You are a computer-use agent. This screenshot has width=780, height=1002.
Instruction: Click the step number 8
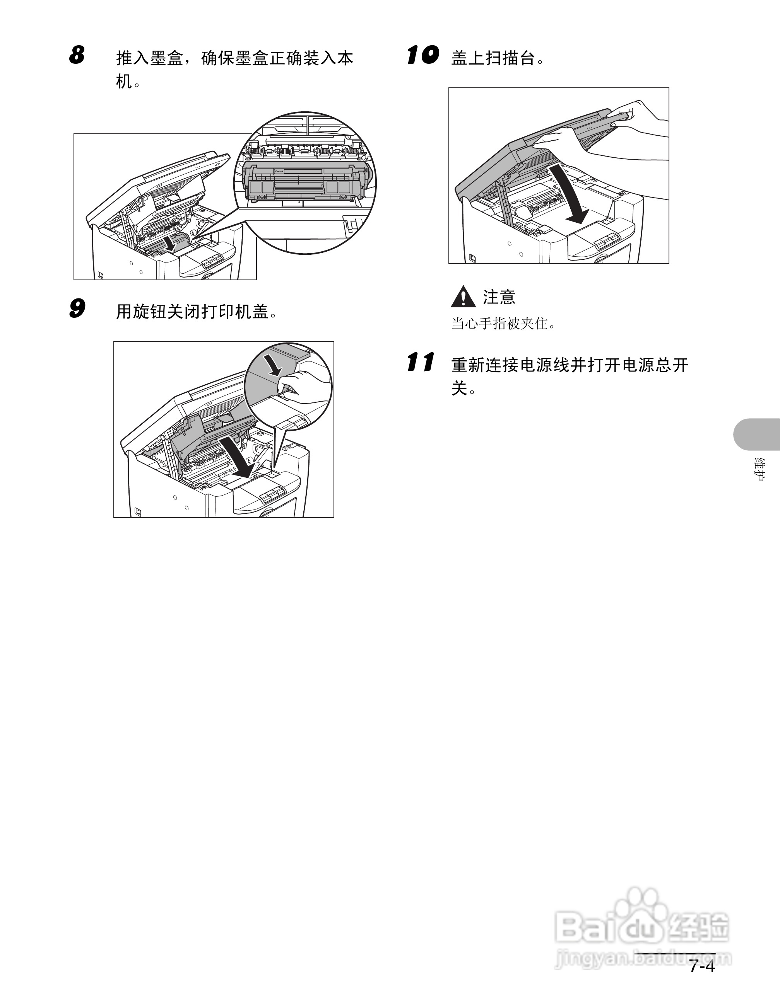77,55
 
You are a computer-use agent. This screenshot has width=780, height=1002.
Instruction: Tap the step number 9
77,308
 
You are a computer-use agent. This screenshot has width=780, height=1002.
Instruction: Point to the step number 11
420,363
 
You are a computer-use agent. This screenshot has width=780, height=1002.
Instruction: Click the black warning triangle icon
463,297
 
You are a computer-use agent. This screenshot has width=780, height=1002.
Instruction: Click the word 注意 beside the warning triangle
499,297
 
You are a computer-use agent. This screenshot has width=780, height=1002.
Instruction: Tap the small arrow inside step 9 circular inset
274,365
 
